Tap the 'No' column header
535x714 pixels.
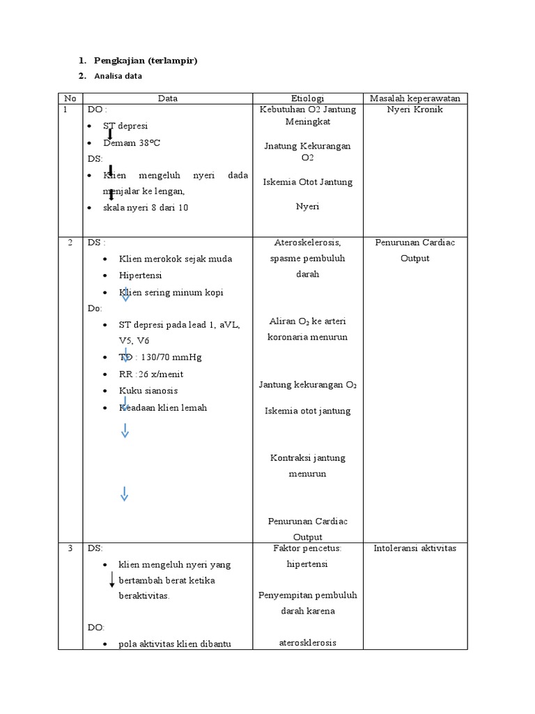[x=69, y=98]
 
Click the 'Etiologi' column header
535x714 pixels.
[x=307, y=98]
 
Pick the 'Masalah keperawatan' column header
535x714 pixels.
[x=414, y=98]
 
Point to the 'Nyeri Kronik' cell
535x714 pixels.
[x=414, y=109]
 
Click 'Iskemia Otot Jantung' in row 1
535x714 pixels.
[x=307, y=182]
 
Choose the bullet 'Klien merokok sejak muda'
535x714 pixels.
[x=175, y=259]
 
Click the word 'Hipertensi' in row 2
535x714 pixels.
[x=141, y=275]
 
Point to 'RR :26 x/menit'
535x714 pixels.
[x=151, y=374]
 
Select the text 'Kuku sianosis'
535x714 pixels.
[x=148, y=390]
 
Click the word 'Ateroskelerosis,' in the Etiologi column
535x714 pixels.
[x=307, y=242]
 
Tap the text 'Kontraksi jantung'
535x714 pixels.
[x=307, y=458]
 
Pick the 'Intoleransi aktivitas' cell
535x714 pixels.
[x=414, y=548]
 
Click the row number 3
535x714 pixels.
[x=70, y=548]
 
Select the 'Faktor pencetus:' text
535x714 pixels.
[x=307, y=548]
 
